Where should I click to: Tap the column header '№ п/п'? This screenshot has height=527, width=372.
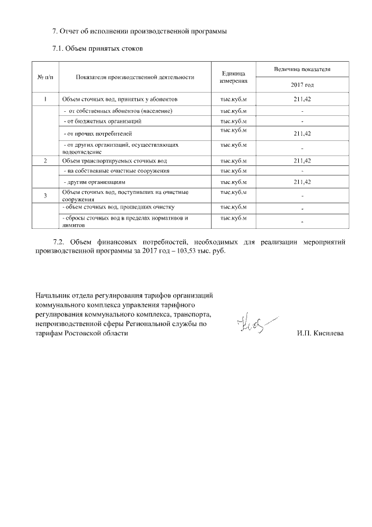[x=45, y=77]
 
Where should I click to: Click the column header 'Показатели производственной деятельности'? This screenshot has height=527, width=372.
[x=134, y=77]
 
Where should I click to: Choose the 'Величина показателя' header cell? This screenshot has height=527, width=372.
[x=302, y=69]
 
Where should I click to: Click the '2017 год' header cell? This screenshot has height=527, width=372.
[x=302, y=85]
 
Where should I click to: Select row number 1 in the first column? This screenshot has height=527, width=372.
[x=45, y=100]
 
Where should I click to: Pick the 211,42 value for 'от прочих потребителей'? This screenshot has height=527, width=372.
[x=302, y=133]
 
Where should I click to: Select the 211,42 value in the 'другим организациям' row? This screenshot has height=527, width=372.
[x=302, y=182]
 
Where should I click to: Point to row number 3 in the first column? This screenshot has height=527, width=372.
[x=45, y=196]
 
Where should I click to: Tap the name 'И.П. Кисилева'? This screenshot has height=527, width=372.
[x=320, y=334]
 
